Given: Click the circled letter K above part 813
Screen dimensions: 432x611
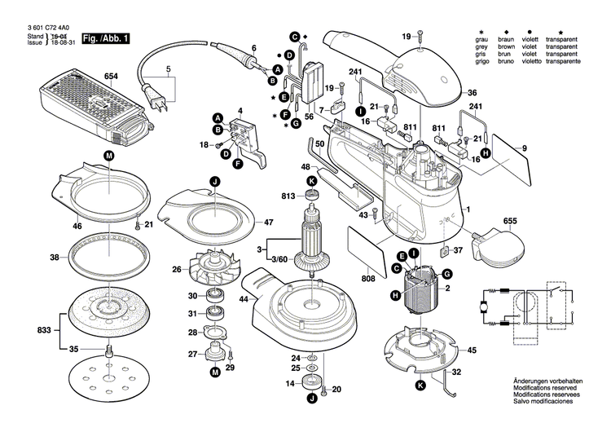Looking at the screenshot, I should tap(311, 180).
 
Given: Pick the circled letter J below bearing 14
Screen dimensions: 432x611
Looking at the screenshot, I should tap(311, 399).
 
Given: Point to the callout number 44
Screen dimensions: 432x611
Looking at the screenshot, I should tap(243, 301).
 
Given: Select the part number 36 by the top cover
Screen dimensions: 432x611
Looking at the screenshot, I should tap(472, 93).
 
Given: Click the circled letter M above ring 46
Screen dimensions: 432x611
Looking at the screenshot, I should tap(108, 155).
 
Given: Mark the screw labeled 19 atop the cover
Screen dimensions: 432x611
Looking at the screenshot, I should tap(420, 35).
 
